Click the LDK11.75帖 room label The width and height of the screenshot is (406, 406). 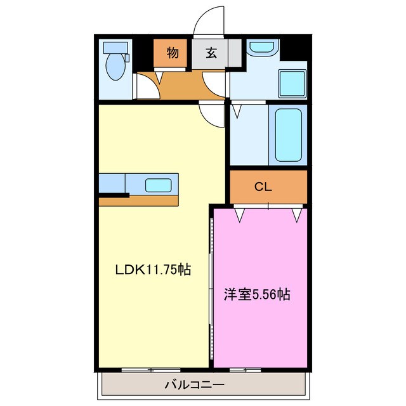(153, 270)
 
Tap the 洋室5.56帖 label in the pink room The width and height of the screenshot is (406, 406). (257, 294)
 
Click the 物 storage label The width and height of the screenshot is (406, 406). (172, 53)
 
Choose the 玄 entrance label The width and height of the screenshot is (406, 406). (211, 53)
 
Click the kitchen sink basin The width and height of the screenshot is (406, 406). (158, 185)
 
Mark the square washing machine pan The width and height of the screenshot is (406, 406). (292, 82)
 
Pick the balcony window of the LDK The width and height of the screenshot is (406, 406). (150, 369)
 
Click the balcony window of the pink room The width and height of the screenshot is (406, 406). (246, 369)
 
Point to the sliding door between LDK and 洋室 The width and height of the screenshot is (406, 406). (211, 285)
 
